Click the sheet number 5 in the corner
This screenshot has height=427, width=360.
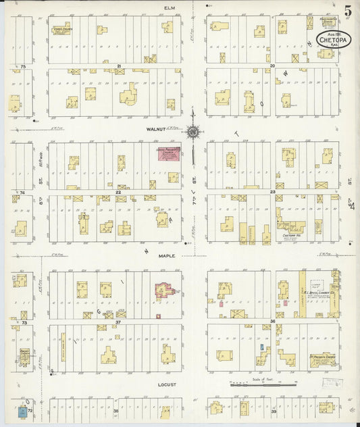tap(346, 10)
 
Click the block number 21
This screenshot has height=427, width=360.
tap(119, 66)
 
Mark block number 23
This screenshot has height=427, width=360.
tap(273, 193)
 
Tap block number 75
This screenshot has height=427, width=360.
tap(22, 67)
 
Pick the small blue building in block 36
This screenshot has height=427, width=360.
tap(262, 347)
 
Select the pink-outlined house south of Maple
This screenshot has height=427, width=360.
tap(164, 291)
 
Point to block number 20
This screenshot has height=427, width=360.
tap(272, 66)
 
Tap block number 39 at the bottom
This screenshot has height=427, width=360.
tap(274, 410)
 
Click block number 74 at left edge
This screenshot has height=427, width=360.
tap(22, 193)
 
